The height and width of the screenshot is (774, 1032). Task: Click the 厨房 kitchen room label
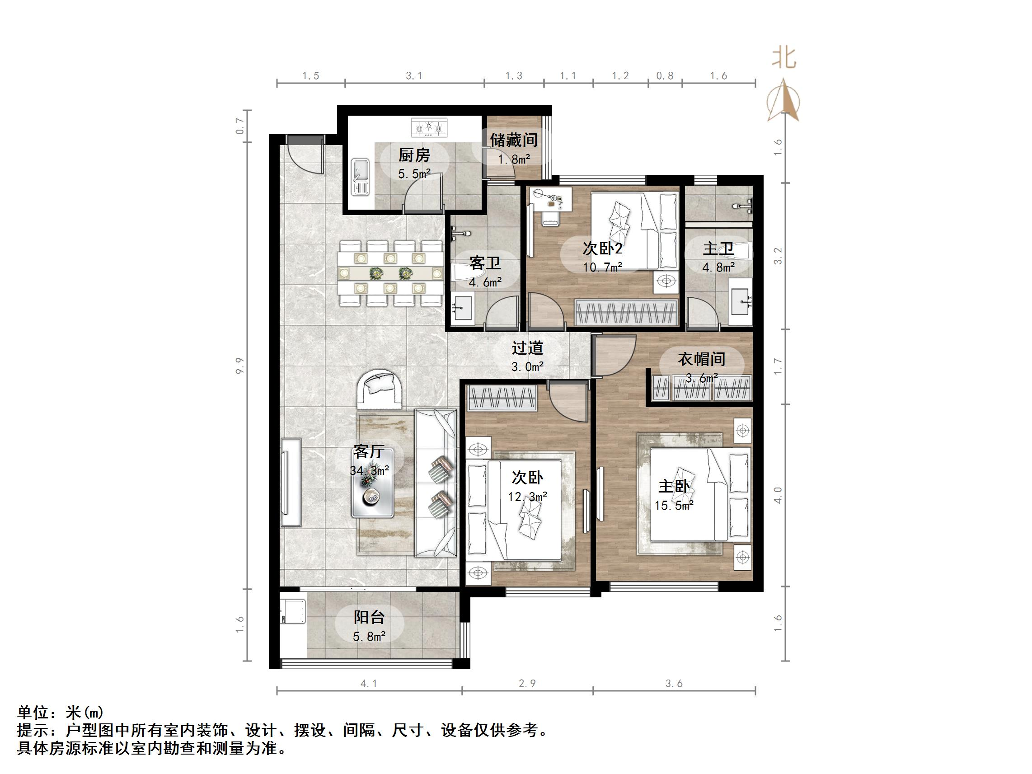pyautogui.click(x=414, y=155)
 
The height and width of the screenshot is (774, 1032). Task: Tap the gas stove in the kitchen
pyautogui.click(x=429, y=127)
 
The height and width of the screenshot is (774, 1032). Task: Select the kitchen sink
pyautogui.click(x=360, y=176)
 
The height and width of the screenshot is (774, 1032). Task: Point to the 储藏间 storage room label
pyautogui.click(x=513, y=140)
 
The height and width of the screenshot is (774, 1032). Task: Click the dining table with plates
pyautogui.click(x=390, y=273)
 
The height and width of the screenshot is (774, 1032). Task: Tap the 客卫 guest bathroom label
pyautogui.click(x=485, y=263)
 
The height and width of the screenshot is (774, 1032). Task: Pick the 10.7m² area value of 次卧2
pyautogui.click(x=602, y=267)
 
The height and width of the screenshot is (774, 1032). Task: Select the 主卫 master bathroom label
pyautogui.click(x=718, y=248)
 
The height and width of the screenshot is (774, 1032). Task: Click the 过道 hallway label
pyautogui.click(x=527, y=348)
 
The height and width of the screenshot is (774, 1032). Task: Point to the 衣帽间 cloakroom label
pyautogui.click(x=701, y=359)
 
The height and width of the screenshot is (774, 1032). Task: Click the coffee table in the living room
pyautogui.click(x=372, y=483)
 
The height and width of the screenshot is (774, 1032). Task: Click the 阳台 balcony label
pyautogui.click(x=369, y=617)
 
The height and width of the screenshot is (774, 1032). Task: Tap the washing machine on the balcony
pyautogui.click(x=293, y=611)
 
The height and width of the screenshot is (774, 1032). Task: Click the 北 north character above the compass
pyautogui.click(x=784, y=59)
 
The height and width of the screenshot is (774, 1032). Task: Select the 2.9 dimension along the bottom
pyautogui.click(x=527, y=684)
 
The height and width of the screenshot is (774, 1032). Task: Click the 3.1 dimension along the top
pyautogui.click(x=414, y=76)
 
